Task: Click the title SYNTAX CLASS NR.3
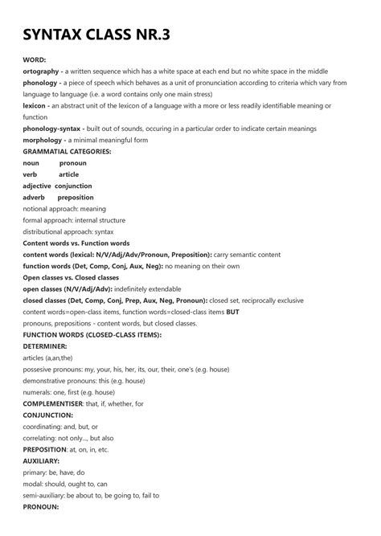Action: (96, 35)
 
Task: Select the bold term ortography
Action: (42, 72)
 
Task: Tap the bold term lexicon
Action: (35, 105)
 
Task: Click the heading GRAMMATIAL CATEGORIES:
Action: (67, 151)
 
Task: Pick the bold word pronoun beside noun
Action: (73, 163)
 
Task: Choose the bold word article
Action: (69, 174)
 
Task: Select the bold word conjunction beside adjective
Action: (73, 186)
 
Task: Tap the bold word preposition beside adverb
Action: (76, 197)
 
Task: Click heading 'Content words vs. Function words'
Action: (76, 243)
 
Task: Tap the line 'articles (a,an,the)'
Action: (48, 357)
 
